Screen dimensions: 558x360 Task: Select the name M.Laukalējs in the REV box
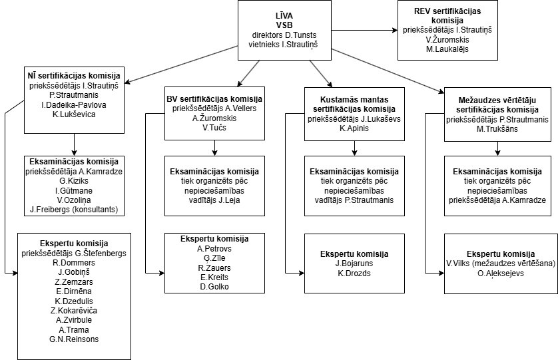pyautogui.click(x=447, y=49)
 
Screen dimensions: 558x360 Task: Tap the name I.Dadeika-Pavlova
pyautogui.click(x=74, y=105)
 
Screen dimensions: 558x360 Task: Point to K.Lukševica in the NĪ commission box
pyautogui.click(x=74, y=114)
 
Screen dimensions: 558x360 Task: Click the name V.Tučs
pyautogui.click(x=214, y=127)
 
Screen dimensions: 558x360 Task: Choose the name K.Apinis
pyautogui.click(x=354, y=128)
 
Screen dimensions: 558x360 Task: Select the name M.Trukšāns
pyautogui.click(x=497, y=129)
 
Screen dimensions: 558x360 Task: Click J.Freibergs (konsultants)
pyautogui.click(x=74, y=210)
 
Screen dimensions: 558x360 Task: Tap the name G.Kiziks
pyautogui.click(x=74, y=181)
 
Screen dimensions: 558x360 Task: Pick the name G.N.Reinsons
pyautogui.click(x=74, y=339)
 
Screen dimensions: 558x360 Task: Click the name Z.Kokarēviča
pyautogui.click(x=74, y=311)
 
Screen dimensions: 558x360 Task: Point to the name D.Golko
pyautogui.click(x=214, y=287)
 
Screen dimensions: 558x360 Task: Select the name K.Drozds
pyautogui.click(x=354, y=273)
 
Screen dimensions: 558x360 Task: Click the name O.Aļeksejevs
pyautogui.click(x=501, y=273)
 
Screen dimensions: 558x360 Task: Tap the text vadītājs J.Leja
pyautogui.click(x=214, y=200)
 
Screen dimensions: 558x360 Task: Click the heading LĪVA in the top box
pyautogui.click(x=284, y=17)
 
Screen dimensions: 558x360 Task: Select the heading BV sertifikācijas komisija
pyautogui.click(x=214, y=99)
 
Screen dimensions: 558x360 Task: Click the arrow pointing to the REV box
pyautogui.click(x=364, y=30)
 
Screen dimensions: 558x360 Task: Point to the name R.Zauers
pyautogui.click(x=214, y=268)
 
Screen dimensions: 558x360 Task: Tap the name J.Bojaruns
pyautogui.click(x=354, y=264)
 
